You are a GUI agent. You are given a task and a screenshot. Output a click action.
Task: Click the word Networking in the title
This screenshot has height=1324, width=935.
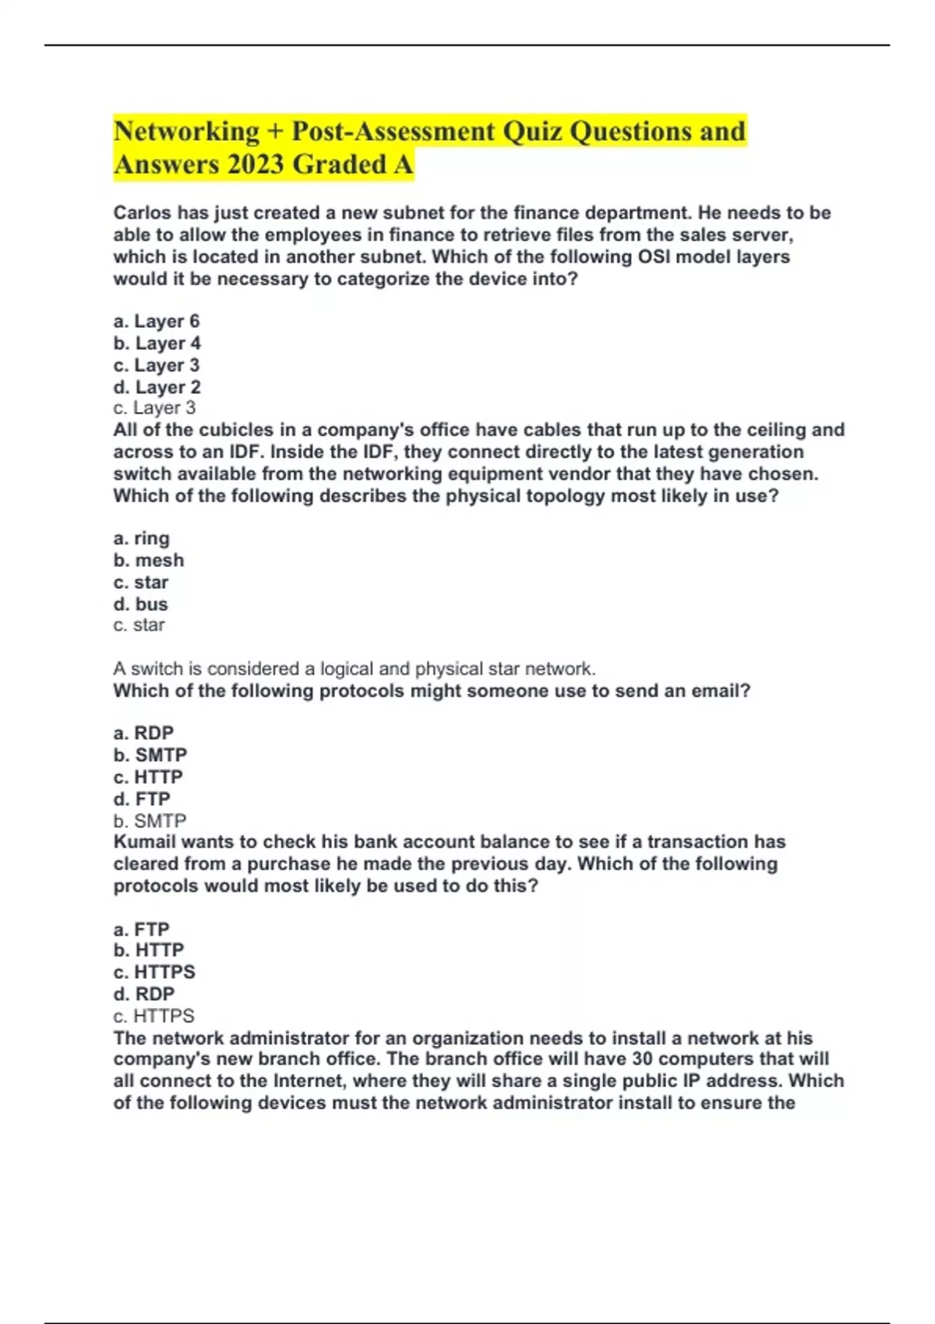(x=186, y=132)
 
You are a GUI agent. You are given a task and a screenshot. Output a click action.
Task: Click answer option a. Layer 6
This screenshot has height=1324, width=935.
(x=157, y=321)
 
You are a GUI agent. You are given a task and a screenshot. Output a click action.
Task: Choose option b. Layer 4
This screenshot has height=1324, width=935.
(x=157, y=343)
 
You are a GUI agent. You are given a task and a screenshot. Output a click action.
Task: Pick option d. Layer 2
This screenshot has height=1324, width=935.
(x=157, y=387)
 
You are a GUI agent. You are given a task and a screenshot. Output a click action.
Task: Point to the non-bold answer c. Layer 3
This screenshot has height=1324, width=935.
(x=154, y=408)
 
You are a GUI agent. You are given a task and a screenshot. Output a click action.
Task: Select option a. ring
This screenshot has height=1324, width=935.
(x=141, y=538)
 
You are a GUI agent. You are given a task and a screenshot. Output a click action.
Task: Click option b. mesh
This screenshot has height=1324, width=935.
(x=149, y=560)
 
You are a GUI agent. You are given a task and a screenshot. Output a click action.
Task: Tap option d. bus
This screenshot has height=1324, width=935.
(x=140, y=604)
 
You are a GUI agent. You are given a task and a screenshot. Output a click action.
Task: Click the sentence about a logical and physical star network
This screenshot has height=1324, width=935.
(x=355, y=668)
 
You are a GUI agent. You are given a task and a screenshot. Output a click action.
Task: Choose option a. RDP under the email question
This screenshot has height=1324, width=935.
(x=143, y=733)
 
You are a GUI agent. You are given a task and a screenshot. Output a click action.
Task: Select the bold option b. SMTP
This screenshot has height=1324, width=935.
(x=150, y=755)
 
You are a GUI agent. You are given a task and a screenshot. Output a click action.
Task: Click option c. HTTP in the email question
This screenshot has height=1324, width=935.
(x=148, y=777)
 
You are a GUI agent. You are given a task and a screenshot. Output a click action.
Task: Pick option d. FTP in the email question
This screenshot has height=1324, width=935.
(x=142, y=799)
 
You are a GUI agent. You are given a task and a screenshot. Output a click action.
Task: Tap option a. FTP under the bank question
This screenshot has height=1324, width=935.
(x=141, y=929)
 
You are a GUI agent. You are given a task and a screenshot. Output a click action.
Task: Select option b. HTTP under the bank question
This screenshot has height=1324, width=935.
(x=149, y=950)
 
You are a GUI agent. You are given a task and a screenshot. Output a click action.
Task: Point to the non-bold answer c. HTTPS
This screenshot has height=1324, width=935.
(x=153, y=1016)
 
